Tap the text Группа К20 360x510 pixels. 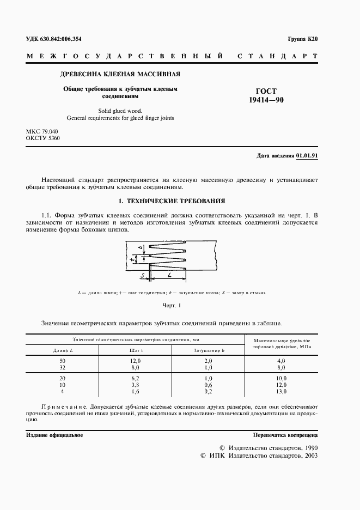click(x=302, y=39)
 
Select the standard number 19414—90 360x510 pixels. click(x=266, y=100)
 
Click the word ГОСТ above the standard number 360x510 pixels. click(x=266, y=91)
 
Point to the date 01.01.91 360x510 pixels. click(x=307, y=155)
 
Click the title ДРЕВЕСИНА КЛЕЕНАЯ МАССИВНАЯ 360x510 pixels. click(x=120, y=74)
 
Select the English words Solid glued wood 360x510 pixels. click(x=120, y=110)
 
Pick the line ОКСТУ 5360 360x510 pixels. click(x=43, y=139)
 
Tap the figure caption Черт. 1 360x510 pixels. click(x=172, y=305)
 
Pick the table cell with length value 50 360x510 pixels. click(x=63, y=361)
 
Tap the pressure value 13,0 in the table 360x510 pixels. click(x=282, y=391)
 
